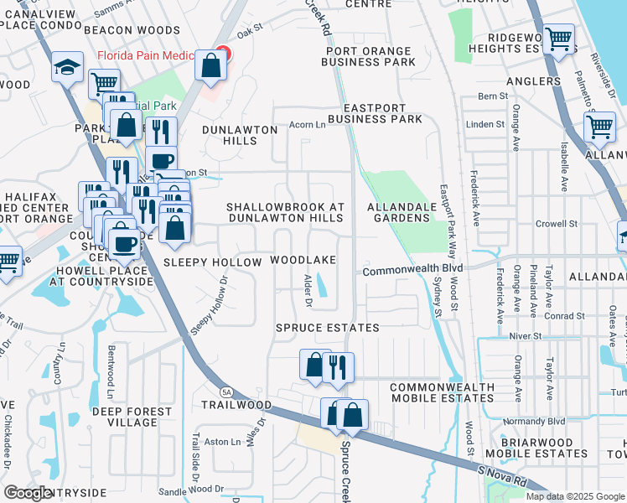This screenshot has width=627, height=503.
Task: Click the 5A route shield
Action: point(226,392)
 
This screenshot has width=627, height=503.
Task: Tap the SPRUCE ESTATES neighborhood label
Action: point(328,328)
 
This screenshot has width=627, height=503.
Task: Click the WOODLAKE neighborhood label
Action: point(303,262)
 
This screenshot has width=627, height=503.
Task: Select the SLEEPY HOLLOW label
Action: point(207,262)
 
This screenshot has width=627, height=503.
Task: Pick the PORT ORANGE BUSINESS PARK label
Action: point(370,56)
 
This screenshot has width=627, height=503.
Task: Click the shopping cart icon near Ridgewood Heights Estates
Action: point(557,39)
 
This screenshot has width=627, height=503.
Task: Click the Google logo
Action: point(28,493)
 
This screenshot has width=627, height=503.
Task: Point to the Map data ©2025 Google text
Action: point(574,496)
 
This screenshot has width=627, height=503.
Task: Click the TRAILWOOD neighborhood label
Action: point(236,405)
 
